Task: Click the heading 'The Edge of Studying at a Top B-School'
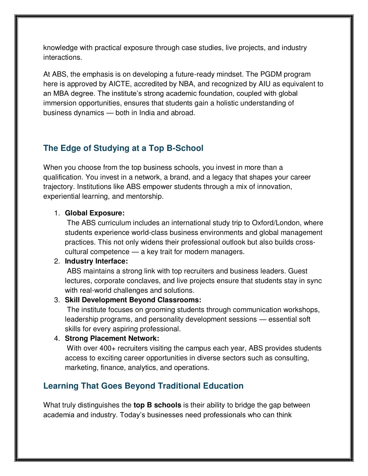[x=123, y=148]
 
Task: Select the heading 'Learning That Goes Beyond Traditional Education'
[x=143, y=386]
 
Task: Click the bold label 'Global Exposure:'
[x=95, y=213]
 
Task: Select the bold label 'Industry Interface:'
[x=96, y=261]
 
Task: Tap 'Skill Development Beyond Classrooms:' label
[x=133, y=300]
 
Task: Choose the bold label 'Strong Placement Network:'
[x=112, y=338]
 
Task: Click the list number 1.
[x=57, y=213]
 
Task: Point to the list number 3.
[x=57, y=300]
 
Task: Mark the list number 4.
[x=57, y=338]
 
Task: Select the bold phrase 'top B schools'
[x=157, y=405]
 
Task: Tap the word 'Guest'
[x=298, y=271]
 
